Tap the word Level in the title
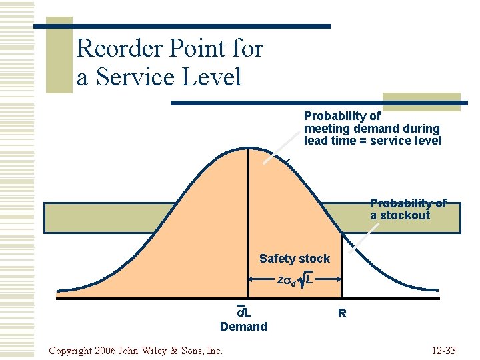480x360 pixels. pos(211,77)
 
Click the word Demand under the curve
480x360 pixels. pos(243,326)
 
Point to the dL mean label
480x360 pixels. pos(243,312)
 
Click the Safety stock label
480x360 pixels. pos(294,258)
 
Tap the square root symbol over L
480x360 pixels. pos(302,281)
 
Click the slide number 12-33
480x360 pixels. pos(443,351)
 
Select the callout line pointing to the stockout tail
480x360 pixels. pos(360,236)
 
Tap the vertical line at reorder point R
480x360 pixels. pos(342,267)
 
